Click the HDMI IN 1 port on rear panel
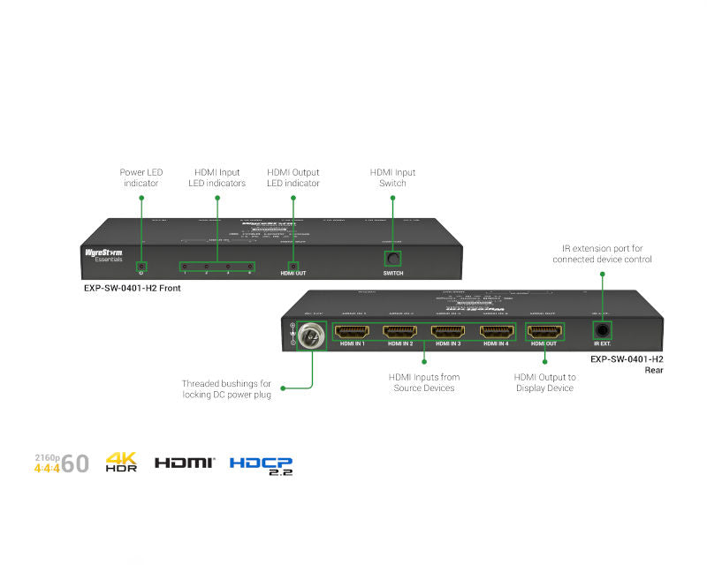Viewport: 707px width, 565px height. [352, 332]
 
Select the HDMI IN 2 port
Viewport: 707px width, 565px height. [399, 332]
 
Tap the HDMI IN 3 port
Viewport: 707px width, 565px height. [447, 332]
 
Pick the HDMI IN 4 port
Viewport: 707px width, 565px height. [496, 332]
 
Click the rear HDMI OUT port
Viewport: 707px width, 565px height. [544, 332]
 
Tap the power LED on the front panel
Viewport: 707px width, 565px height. [141, 266]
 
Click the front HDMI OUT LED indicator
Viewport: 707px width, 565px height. [293, 266]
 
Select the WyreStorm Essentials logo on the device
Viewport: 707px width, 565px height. [103, 254]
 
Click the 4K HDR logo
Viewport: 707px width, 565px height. [121, 462]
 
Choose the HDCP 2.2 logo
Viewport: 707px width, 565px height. [261, 464]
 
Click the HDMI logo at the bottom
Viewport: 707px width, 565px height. [184, 463]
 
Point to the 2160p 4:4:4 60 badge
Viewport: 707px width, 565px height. [61, 463]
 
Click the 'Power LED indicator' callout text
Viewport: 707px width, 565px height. [141, 177]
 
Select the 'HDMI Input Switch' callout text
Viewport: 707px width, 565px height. [392, 177]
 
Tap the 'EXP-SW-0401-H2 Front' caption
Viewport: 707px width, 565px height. [127, 288]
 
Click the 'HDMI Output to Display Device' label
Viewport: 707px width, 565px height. [544, 382]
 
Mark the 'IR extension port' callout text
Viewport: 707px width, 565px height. [602, 254]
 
